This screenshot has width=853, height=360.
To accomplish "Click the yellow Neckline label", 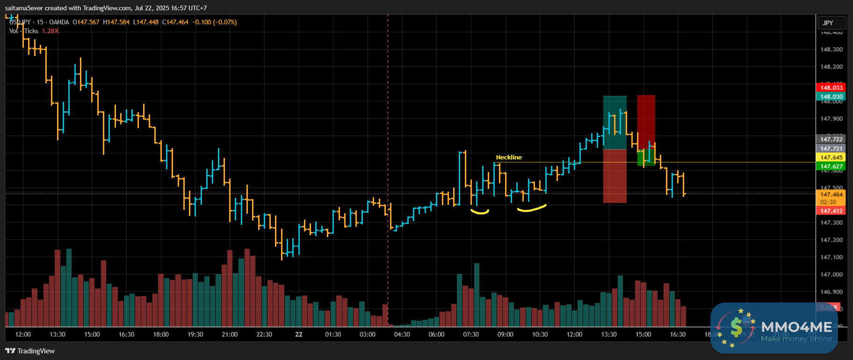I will point(509,158).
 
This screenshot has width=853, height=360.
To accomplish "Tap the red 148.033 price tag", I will point(831,87).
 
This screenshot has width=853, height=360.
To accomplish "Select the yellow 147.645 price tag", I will point(831,158).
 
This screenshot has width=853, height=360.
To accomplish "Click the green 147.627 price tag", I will point(831,166).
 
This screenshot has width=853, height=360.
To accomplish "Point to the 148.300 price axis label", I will point(831,49).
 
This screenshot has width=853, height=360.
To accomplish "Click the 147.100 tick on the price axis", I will point(831,257).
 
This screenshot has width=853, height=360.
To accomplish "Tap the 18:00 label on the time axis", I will point(161,334).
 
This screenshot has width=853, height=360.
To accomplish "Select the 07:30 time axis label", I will point(471,334).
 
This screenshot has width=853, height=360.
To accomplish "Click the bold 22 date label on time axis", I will point(299,334).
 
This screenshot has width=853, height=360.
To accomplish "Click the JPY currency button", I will point(828,23).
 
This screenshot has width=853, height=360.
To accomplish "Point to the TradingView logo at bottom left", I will point(30,351).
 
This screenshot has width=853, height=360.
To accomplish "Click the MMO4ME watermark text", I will point(796,327).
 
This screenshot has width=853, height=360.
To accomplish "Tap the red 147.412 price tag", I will point(831,211).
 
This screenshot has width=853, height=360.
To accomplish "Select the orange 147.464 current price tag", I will point(831,194).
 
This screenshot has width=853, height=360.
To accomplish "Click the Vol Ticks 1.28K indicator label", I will point(34,31).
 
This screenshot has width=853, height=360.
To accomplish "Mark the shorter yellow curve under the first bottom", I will point(480,212).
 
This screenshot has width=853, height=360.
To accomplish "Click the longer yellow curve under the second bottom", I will point(531,209).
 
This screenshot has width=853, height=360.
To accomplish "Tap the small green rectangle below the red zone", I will point(646,158).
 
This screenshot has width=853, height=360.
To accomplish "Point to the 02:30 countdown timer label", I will point(828,202).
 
